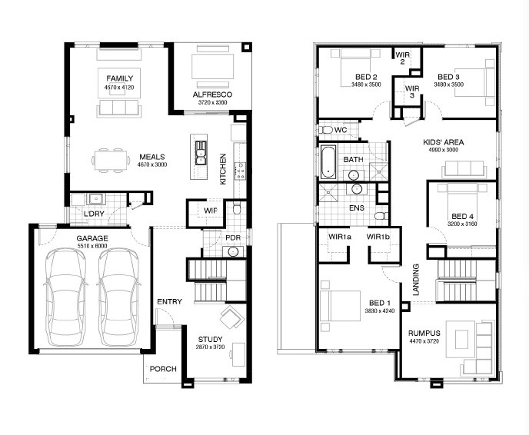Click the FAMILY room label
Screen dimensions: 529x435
point(119,78)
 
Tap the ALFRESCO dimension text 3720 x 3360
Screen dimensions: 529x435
point(212,102)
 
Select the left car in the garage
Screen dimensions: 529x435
point(64,297)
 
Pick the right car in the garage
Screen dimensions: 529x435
point(118,297)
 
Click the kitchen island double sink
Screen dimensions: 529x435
point(201,153)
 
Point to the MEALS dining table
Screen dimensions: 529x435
point(111,161)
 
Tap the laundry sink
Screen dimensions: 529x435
point(96,199)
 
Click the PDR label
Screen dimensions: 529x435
point(233,237)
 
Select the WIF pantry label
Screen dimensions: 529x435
point(210,211)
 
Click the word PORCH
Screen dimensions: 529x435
point(163,369)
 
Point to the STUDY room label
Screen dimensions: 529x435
point(210,339)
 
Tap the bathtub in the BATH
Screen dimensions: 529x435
point(328,162)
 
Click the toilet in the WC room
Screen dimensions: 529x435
point(325,130)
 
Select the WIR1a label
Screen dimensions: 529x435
point(340,237)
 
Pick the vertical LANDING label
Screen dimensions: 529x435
point(416,280)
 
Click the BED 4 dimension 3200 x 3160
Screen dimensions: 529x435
point(462,224)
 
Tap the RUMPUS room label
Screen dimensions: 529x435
point(424,333)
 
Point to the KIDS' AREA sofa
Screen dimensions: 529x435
point(464,169)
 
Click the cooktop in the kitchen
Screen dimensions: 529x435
point(241,171)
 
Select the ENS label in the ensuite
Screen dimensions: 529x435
point(357,208)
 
